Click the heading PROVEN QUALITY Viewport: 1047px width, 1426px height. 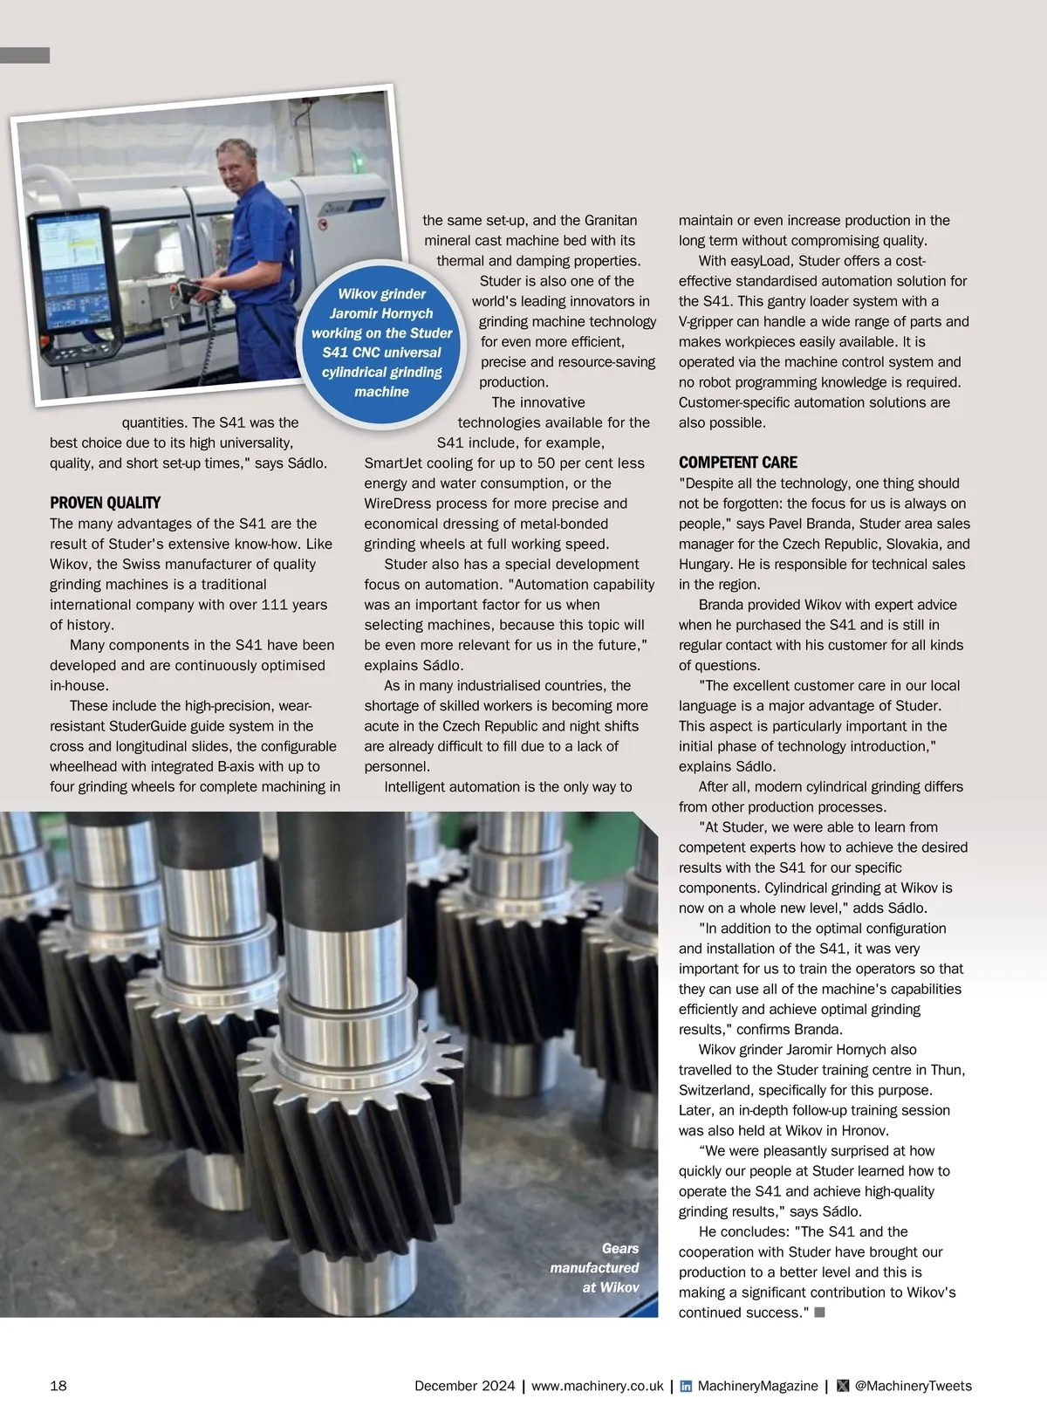pyautogui.click(x=105, y=503)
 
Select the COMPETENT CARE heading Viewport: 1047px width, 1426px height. pyautogui.click(x=737, y=463)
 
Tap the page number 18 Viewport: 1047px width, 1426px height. pyautogui.click(x=58, y=1386)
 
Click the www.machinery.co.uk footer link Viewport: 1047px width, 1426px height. pyautogui.click(x=597, y=1386)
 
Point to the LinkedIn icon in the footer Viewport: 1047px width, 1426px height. pyautogui.click(x=686, y=1386)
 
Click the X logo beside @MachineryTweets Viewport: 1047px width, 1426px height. pyautogui.click(x=842, y=1386)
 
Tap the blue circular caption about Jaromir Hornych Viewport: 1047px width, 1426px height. pyautogui.click(x=381, y=343)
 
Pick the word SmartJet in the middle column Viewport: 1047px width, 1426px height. pyautogui.click(x=393, y=463)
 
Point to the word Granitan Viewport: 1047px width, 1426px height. pyautogui.click(x=611, y=221)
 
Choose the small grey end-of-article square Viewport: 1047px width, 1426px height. pyautogui.click(x=819, y=1313)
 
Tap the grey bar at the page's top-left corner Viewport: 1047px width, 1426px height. pyautogui.click(x=24, y=55)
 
